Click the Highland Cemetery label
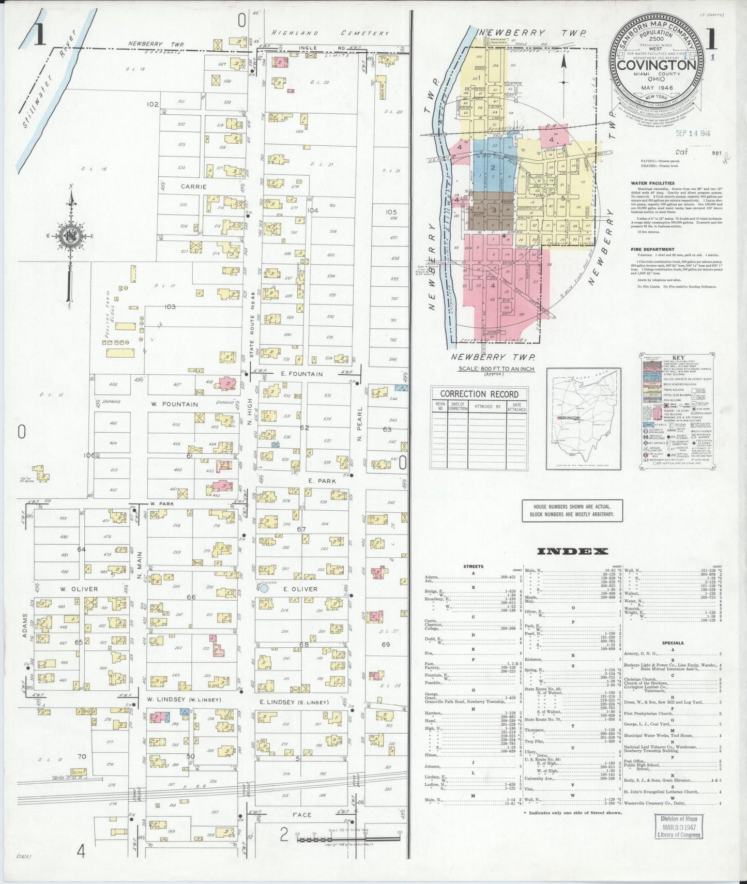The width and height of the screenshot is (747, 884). point(330,33)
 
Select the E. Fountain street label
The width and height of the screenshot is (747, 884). point(302,374)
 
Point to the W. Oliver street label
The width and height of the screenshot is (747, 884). point(79,589)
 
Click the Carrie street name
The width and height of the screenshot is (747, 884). point(193,187)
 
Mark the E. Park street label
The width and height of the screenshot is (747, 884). point(322,481)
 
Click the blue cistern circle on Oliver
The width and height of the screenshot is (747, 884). point(264,588)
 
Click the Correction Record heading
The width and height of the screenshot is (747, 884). point(479,394)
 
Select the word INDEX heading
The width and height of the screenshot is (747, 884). point(572,551)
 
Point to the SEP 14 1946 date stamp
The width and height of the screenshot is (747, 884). point(693,133)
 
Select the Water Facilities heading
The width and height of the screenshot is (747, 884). point(652,183)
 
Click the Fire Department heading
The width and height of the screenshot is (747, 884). point(652,249)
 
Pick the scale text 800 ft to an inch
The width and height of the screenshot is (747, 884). point(496,369)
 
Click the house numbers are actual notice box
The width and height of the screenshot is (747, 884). point(572,510)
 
